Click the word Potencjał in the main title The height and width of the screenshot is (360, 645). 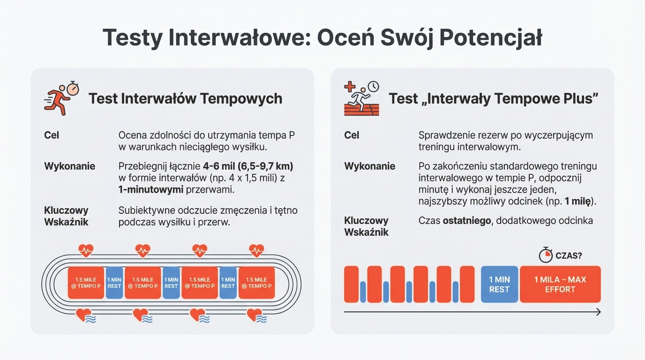(491, 37)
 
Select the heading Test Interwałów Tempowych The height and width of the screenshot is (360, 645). (185, 99)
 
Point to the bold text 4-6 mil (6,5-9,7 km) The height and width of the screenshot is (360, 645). (248, 166)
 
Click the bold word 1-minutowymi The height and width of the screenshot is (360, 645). (151, 190)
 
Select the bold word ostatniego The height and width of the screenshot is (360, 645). (466, 220)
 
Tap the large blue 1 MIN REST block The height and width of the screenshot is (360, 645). (499, 285)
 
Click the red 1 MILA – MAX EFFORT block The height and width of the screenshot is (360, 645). (560, 285)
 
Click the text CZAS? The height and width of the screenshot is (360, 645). (569, 255)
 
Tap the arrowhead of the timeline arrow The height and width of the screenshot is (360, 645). (598, 312)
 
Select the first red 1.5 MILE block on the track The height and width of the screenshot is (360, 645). (86, 283)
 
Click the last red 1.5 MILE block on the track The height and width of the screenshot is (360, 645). (256, 283)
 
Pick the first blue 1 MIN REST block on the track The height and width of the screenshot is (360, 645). (114, 283)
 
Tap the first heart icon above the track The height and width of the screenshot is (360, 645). (86, 251)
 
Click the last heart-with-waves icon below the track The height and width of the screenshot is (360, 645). (256, 315)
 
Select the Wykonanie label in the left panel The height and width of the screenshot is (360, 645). (69, 166)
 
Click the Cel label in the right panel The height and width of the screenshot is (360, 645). (352, 135)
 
